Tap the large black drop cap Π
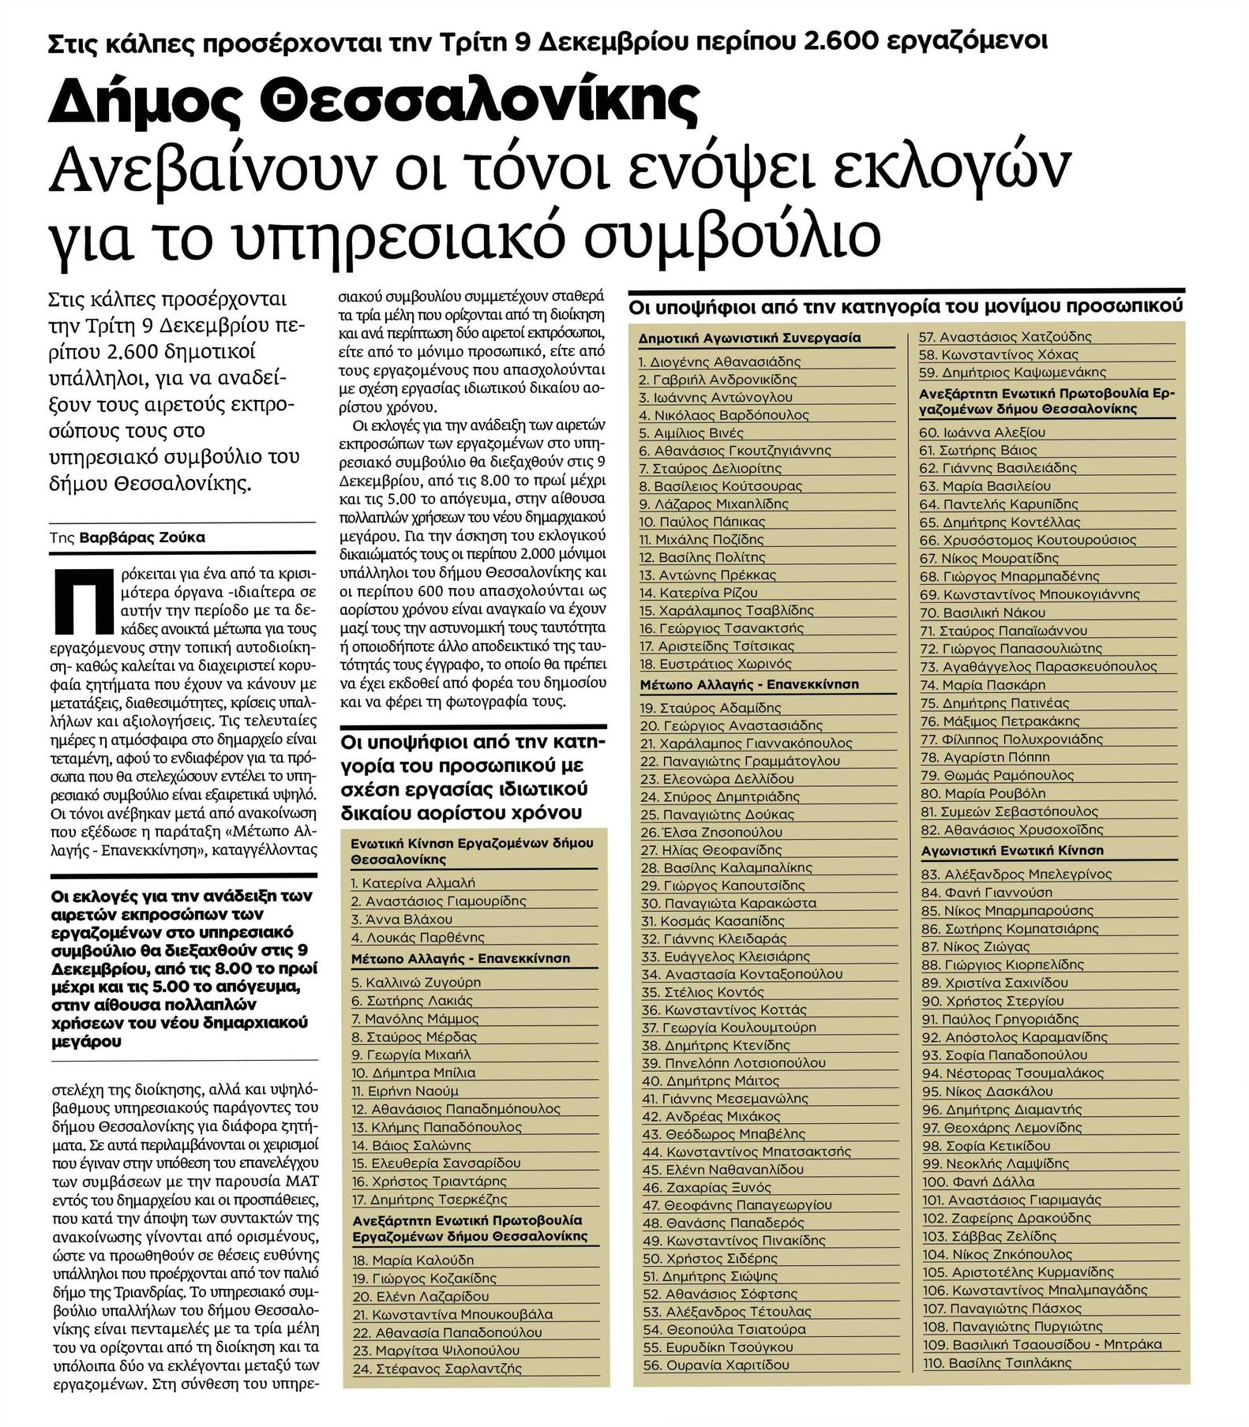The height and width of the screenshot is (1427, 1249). coord(73,600)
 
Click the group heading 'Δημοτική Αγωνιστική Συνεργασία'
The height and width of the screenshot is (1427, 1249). coord(749,338)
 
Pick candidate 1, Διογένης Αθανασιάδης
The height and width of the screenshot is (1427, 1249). coord(719,361)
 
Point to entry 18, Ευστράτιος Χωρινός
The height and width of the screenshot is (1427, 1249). coord(715,664)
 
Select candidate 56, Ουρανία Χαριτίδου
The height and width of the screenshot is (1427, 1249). coord(717,1365)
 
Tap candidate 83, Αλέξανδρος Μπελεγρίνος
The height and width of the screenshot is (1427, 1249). coord(1016,874)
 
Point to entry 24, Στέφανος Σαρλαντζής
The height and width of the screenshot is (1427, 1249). coord(437,1368)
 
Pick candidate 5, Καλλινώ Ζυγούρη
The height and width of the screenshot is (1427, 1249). coord(416,982)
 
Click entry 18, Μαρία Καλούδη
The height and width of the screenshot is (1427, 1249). coord(413,1260)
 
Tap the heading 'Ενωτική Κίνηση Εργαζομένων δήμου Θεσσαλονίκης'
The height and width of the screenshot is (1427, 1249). coord(471,851)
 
